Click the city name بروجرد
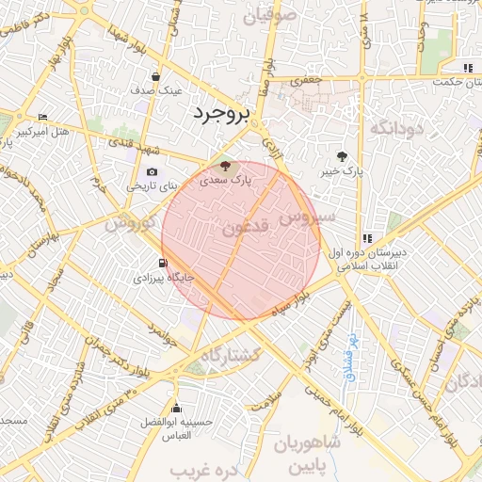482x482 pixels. tap(222, 114)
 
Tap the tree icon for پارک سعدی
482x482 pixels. tap(224, 167)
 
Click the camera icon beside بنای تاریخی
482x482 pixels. tap(153, 172)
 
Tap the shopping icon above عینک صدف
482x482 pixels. tap(156, 77)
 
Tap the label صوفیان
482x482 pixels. tap(270, 16)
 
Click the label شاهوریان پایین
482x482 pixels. tap(310, 453)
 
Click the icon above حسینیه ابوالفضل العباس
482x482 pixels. tap(177, 408)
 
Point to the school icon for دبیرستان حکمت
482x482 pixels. tap(468, 68)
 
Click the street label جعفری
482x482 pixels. tap(304, 82)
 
